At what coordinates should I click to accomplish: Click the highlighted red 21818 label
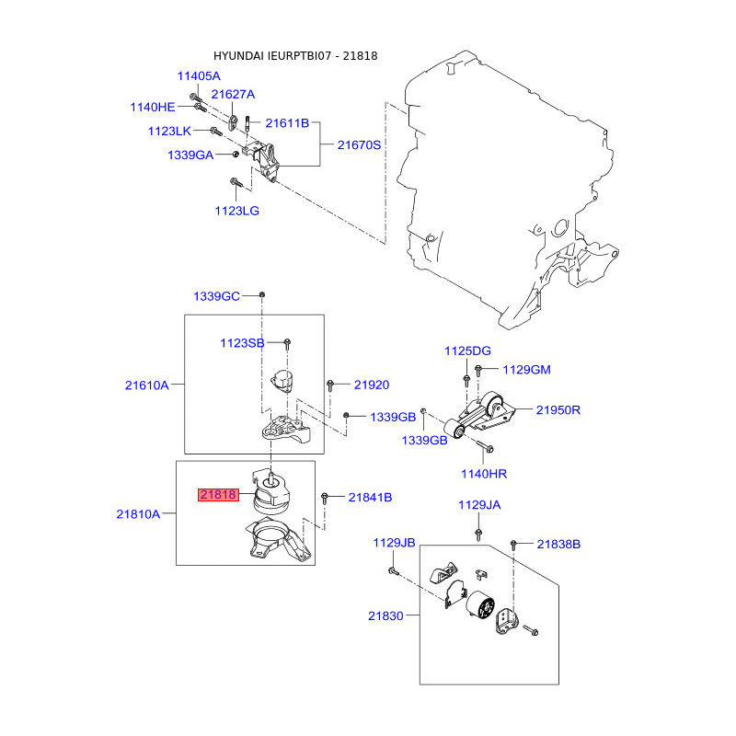pyautogui.click(x=218, y=495)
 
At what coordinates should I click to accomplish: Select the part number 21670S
pyautogui.click(x=359, y=145)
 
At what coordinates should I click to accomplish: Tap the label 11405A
pyautogui.click(x=199, y=76)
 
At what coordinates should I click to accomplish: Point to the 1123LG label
pyautogui.click(x=237, y=211)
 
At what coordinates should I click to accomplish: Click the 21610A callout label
pyautogui.click(x=146, y=385)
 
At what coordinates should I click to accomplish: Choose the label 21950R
pyautogui.click(x=558, y=410)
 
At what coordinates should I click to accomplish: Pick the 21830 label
pyautogui.click(x=385, y=615)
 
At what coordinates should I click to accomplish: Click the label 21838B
pyautogui.click(x=558, y=544)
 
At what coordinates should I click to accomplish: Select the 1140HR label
pyautogui.click(x=484, y=474)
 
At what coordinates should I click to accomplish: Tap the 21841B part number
pyautogui.click(x=370, y=498)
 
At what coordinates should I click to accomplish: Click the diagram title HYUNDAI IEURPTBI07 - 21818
pyautogui.click(x=295, y=56)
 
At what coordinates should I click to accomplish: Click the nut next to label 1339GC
pyautogui.click(x=262, y=294)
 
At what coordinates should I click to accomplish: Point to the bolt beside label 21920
pyautogui.click(x=330, y=385)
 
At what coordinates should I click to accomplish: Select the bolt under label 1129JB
pyautogui.click(x=394, y=571)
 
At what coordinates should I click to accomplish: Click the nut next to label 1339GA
pyautogui.click(x=236, y=154)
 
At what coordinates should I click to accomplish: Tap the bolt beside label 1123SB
pyautogui.click(x=287, y=344)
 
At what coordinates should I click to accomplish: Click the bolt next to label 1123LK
pyautogui.click(x=216, y=131)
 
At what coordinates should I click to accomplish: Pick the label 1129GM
pyautogui.click(x=526, y=370)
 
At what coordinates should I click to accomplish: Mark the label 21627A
pyautogui.click(x=233, y=95)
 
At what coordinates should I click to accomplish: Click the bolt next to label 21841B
pyautogui.click(x=325, y=499)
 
